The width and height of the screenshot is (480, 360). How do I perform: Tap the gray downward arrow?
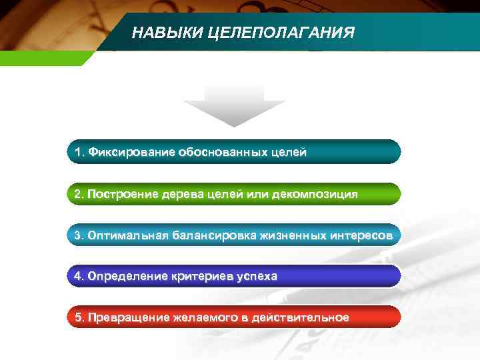234,106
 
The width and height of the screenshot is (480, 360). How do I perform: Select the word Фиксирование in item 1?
131,153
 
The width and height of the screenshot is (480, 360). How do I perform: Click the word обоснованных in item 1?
223,153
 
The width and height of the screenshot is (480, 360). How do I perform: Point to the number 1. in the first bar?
80,153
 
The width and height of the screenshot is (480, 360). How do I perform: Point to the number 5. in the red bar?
79,317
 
